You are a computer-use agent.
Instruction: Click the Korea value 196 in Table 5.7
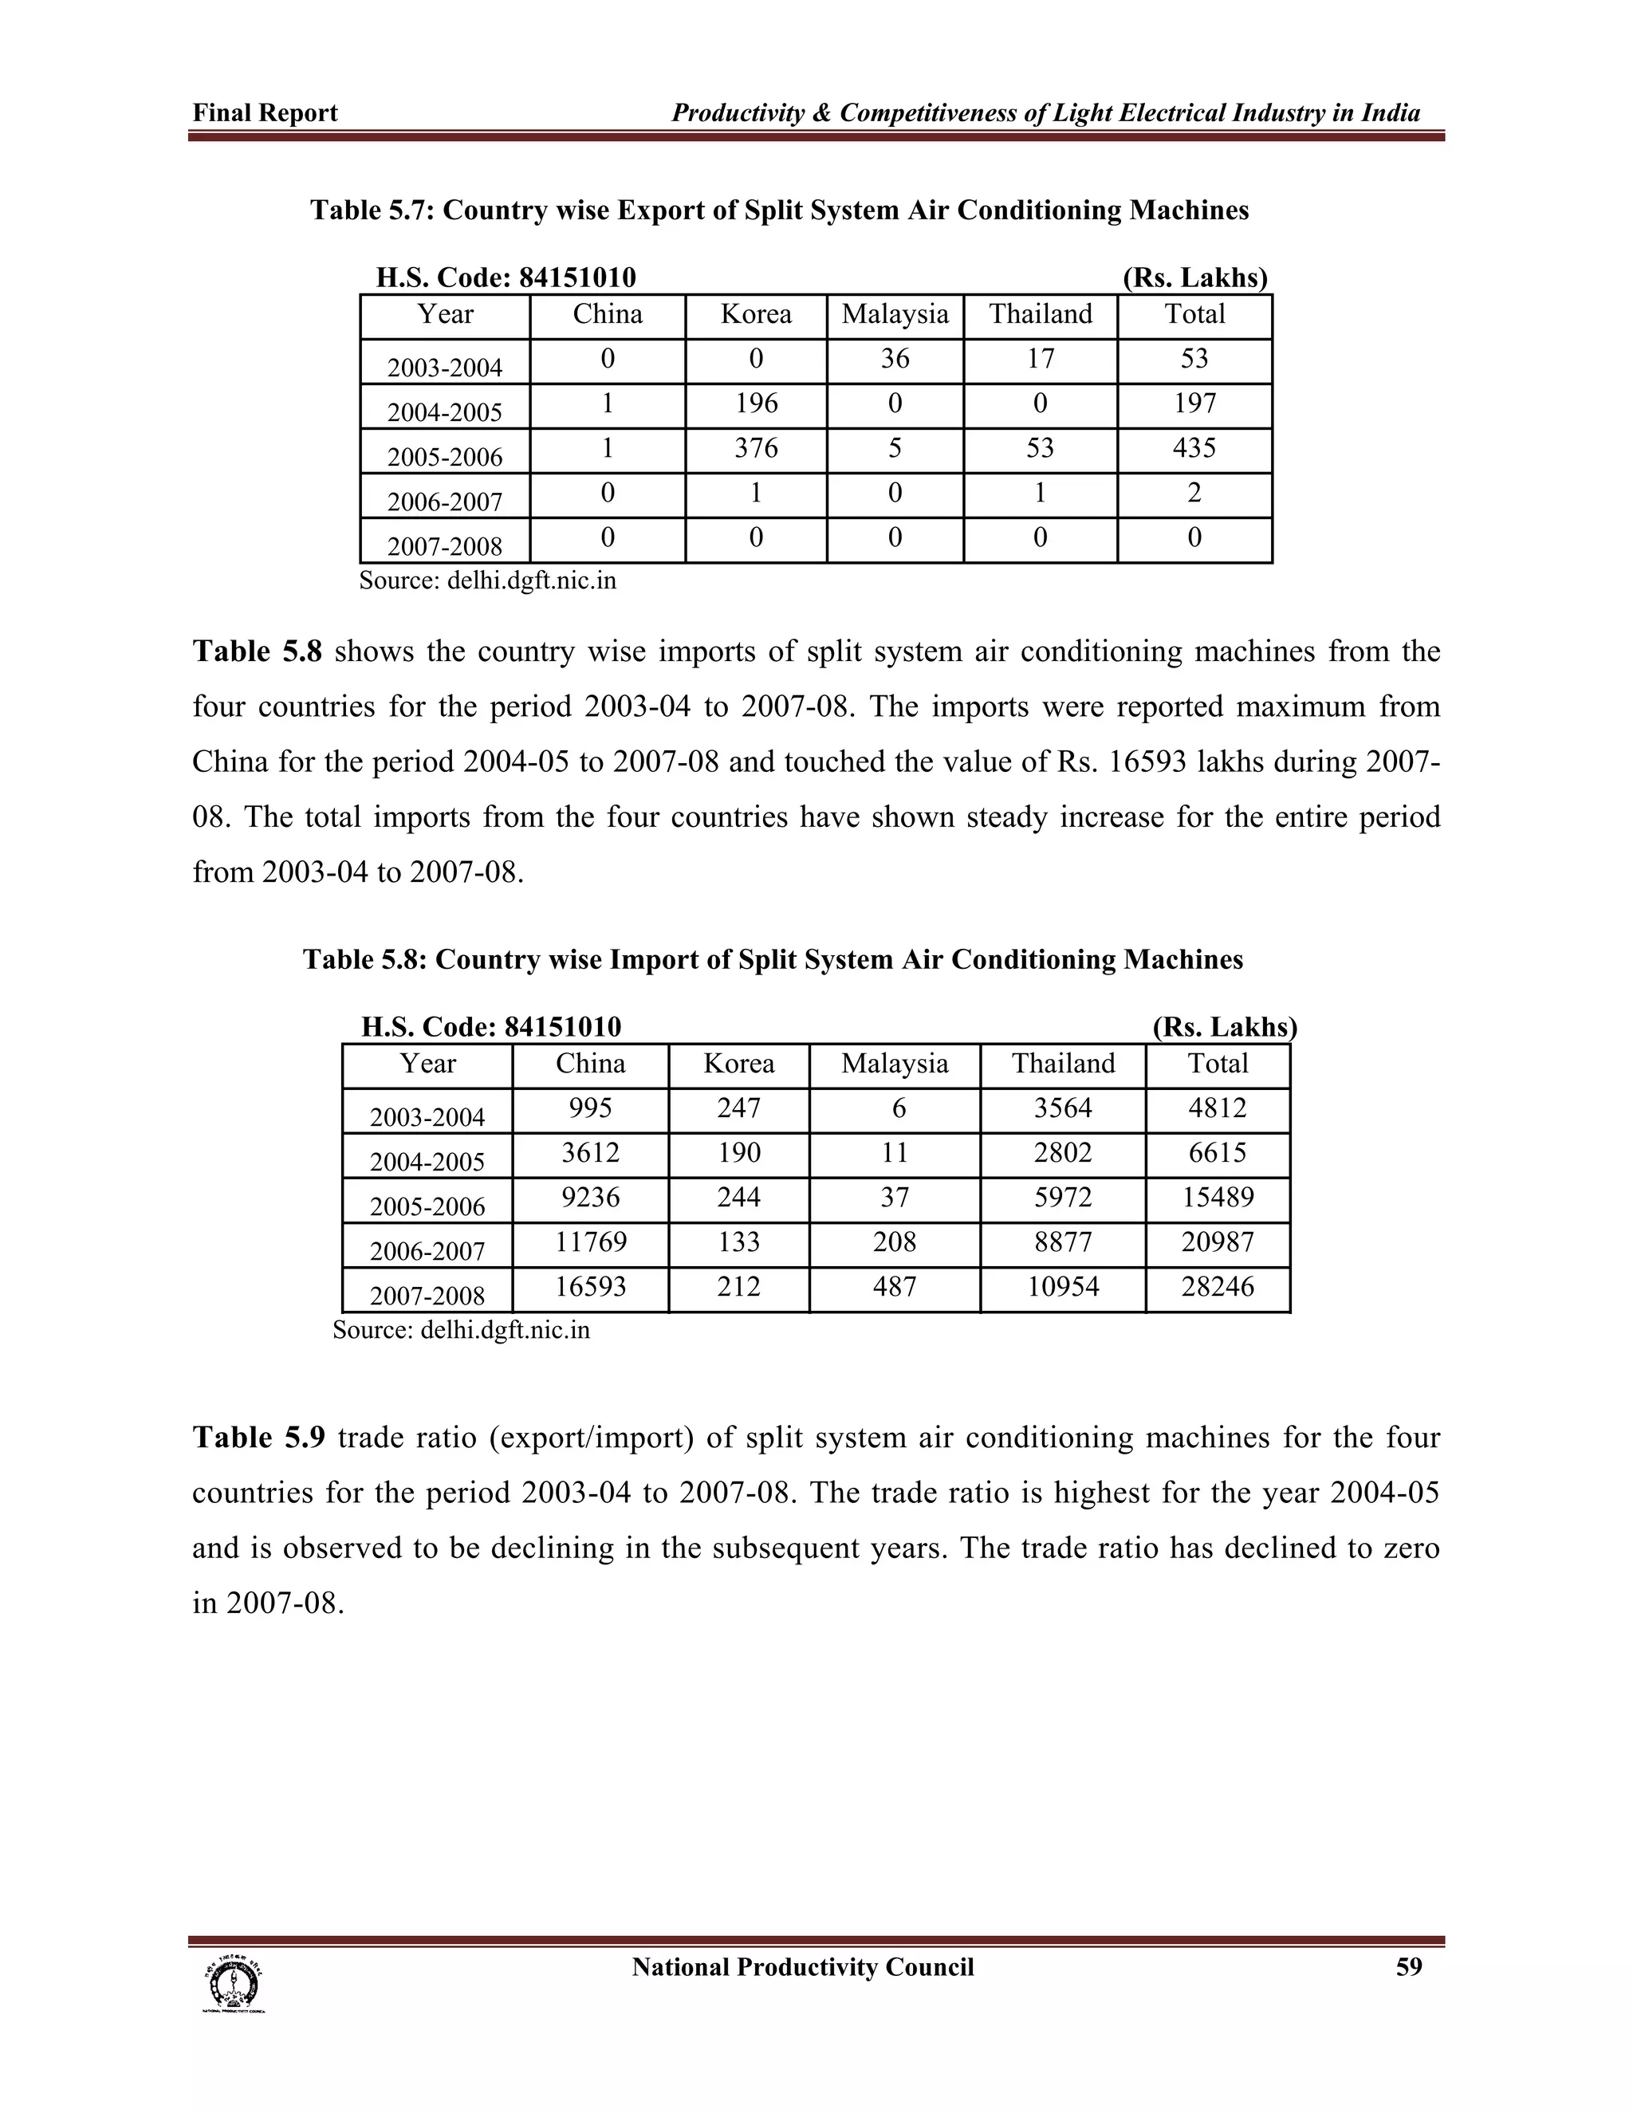(756, 403)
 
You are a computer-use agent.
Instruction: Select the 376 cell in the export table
(756, 448)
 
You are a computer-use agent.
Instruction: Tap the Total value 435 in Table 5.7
(1194, 448)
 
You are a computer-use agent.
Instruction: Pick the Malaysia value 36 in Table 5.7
(895, 359)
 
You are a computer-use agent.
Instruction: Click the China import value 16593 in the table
(590, 1287)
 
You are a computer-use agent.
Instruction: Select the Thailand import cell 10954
(1062, 1287)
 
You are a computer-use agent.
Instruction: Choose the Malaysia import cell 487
(894, 1287)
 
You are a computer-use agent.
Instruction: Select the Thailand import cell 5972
(1062, 1198)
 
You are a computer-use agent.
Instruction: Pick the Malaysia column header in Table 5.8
(894, 1064)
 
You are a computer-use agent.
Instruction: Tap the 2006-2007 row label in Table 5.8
(427, 1251)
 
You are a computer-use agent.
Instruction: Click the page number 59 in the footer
(1409, 1968)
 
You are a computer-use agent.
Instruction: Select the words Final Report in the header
(265, 113)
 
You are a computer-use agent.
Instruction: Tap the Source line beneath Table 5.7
(487, 580)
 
